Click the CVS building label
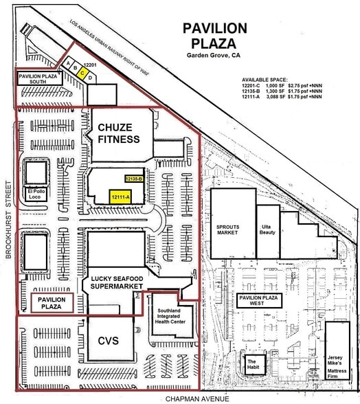pos(109,341)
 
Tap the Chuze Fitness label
pos(119,133)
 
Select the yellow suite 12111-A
pos(121,197)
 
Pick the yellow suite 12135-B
pos(134,179)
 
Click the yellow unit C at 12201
pos(82,73)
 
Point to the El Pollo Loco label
pos(36,194)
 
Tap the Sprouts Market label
pos(227,229)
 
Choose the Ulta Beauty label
pos(267,229)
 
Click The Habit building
pos(254,364)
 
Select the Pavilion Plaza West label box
pos(259,300)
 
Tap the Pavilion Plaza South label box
pos(40,78)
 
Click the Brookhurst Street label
pos(8,220)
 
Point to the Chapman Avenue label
pos(197,399)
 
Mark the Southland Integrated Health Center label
pos(170,316)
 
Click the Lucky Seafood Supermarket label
pos(117,282)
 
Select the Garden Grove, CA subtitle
pos(214,55)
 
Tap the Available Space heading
pos(265,80)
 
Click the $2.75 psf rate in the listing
pos(299,85)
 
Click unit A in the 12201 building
pos(68,63)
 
